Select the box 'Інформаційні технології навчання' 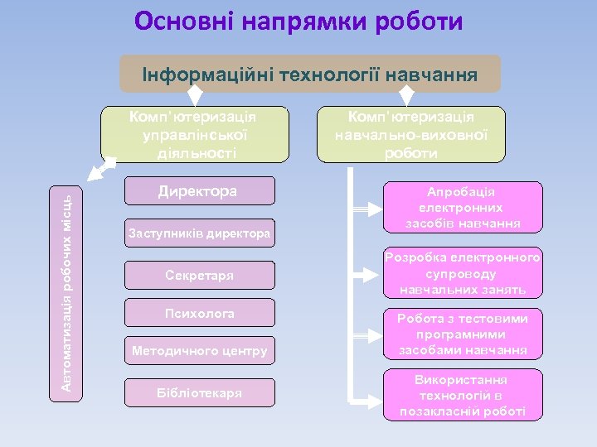point(310,74)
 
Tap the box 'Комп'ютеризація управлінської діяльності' point(195,133)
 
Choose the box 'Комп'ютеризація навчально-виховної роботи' point(411,133)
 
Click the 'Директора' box point(198,191)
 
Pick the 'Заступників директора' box point(198,234)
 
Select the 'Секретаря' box point(198,275)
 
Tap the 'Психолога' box point(198,314)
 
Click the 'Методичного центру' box point(198,352)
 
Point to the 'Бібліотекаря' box point(198,392)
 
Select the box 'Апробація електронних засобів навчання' point(463,206)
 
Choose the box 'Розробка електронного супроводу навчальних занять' point(463,273)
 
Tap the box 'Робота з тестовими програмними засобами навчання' point(463,334)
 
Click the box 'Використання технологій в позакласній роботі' point(463,395)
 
